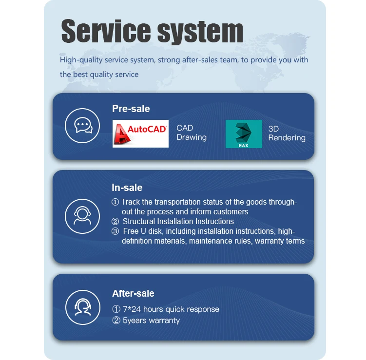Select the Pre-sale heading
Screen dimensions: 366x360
[131, 109]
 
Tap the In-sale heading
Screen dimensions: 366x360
[127, 188]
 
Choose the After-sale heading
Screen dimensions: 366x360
[133, 293]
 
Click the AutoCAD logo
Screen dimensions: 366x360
[140, 133]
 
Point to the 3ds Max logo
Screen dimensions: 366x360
[244, 133]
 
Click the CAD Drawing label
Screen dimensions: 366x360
[191, 133]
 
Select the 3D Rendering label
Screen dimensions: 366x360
[287, 133]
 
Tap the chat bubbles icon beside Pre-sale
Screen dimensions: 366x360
[83, 126]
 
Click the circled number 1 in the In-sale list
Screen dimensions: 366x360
[116, 202]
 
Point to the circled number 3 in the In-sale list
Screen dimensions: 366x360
[116, 231]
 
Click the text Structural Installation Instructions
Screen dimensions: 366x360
[178, 221]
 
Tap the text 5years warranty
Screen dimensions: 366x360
[151, 321]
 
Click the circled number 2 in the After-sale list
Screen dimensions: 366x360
[116, 321]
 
